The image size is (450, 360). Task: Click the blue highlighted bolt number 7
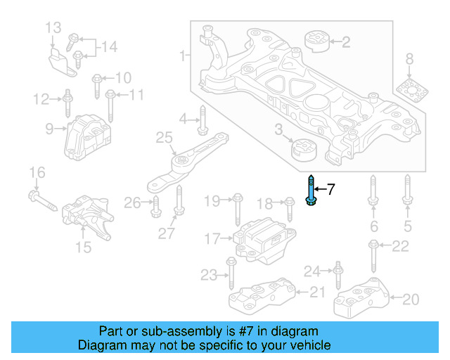point(310,191)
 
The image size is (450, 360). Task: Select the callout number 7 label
point(331,188)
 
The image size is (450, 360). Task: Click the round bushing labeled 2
point(316,41)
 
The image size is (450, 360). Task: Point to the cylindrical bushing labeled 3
point(304,150)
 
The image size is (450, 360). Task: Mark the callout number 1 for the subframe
point(184,55)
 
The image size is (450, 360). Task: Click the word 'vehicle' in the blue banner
point(310,345)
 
